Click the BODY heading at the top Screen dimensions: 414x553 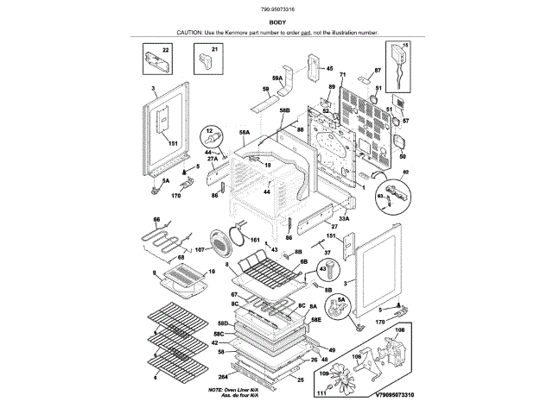276,21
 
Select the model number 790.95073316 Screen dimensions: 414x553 276,9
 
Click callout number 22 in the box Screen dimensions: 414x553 166,51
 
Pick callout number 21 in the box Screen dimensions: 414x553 214,51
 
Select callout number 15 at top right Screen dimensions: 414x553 406,44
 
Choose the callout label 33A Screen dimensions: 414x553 343,218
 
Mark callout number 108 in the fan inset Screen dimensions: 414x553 399,329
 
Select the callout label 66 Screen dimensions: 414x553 157,220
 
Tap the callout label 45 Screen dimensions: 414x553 328,68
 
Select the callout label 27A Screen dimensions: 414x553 212,159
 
